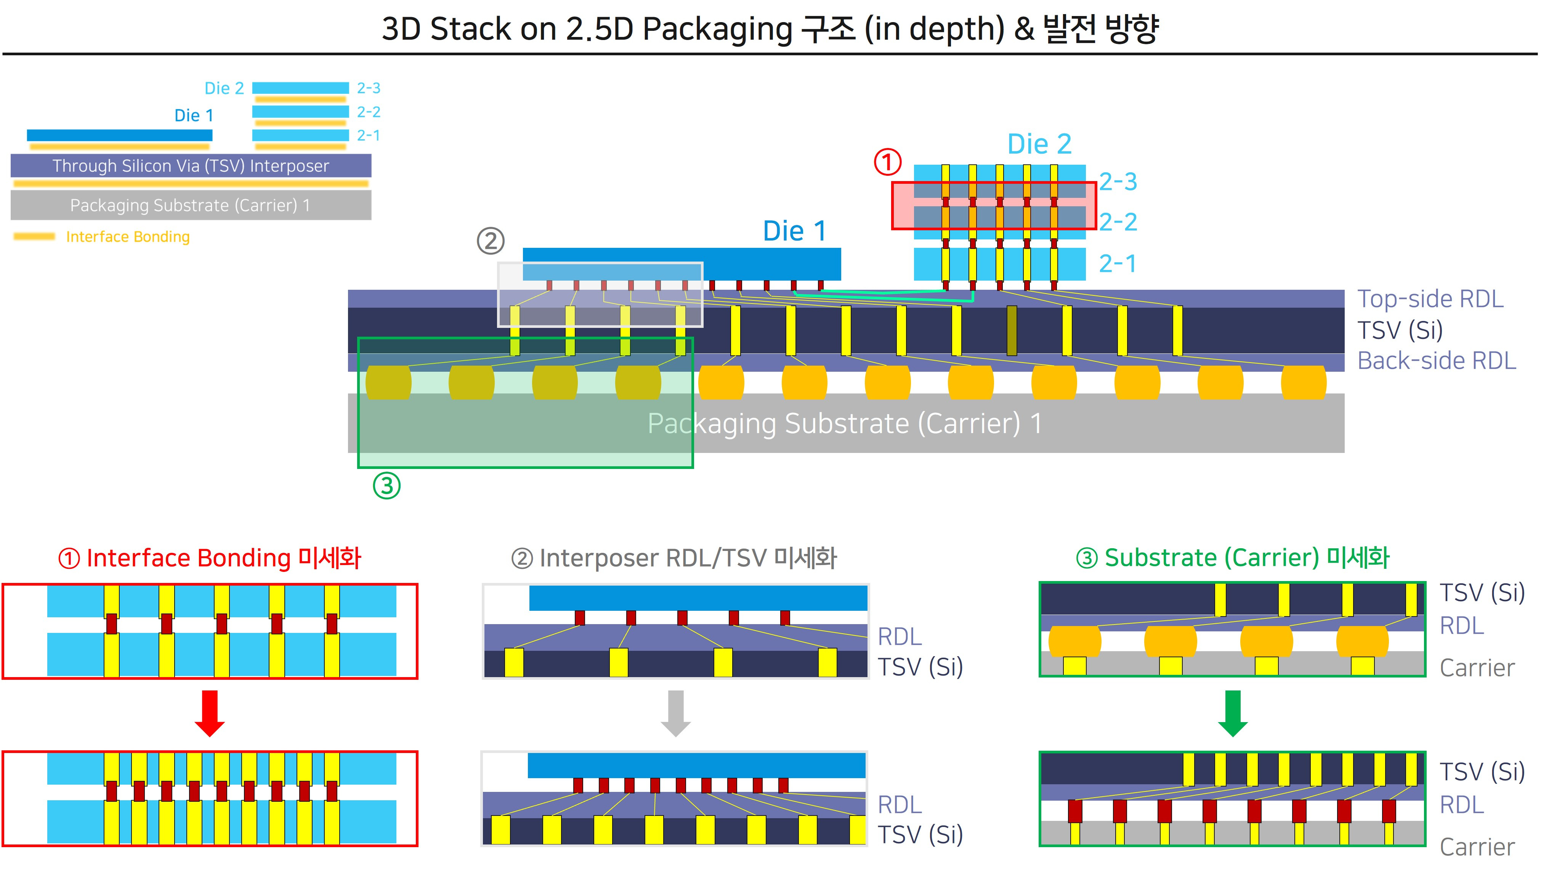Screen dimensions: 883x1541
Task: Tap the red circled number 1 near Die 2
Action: click(x=887, y=162)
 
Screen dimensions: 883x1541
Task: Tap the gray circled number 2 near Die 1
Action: click(x=491, y=241)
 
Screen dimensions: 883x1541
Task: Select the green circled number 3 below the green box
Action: click(x=387, y=486)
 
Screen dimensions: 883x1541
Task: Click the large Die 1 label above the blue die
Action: click(x=794, y=231)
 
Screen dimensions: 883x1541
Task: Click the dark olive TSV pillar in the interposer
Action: click(x=1011, y=331)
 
